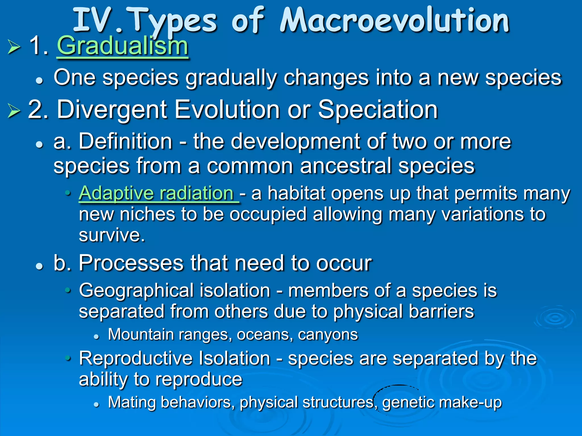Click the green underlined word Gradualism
coord(122,46)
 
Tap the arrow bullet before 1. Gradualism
coord(14,47)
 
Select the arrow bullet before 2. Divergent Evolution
coord(14,111)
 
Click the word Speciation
coord(378,110)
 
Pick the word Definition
coord(125,141)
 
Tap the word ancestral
coord(346,166)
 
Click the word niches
coord(147,214)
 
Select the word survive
coord(112,235)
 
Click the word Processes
coord(131,263)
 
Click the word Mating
coord(131,403)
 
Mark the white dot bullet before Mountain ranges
coord(97,337)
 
